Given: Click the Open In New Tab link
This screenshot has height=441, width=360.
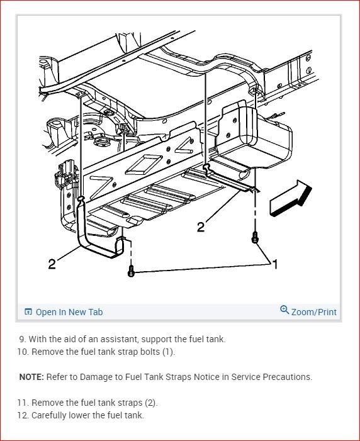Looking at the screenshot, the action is pos(69,312).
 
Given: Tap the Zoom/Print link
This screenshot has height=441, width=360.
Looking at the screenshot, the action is pos(314,312).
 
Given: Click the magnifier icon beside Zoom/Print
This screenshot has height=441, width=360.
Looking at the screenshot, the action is pos(284,310).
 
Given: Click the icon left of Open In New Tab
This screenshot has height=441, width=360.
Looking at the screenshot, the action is pos(28,311).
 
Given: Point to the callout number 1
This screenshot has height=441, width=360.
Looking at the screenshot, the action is pos(275,264).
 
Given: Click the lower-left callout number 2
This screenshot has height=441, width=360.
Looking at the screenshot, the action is pos(52,264).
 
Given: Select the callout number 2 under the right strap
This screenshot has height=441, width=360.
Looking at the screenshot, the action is pos(201,227).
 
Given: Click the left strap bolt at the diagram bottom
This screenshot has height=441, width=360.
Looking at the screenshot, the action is pos(131,271).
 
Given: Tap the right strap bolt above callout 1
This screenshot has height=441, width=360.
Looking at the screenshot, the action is pos(255,238).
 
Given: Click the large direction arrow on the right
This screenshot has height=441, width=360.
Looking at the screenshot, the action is pos(291,198).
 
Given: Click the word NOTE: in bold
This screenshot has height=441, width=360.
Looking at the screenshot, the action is pos(31,377).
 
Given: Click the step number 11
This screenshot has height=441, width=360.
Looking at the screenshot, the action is pos(23,403).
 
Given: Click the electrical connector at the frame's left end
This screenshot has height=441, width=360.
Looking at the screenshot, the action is pos(65,174).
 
